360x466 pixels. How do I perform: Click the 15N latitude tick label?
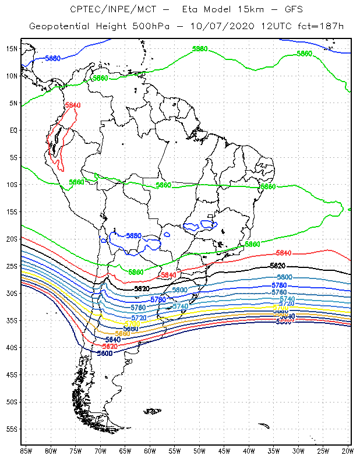click(11, 48)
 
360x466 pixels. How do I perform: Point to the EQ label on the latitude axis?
click(12, 130)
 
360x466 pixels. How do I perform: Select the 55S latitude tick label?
click(11, 429)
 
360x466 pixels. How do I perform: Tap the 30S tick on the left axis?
click(11, 293)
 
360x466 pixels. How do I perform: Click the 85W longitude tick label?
click(26, 451)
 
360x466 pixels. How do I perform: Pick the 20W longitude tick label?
click(348, 451)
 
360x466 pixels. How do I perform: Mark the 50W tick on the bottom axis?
click(199, 451)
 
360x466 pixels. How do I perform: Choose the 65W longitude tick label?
click(125, 451)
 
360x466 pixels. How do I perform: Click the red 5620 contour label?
click(110, 346)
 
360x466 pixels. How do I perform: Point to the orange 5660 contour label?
click(122, 334)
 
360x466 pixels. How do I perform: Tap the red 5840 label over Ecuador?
click(73, 105)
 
